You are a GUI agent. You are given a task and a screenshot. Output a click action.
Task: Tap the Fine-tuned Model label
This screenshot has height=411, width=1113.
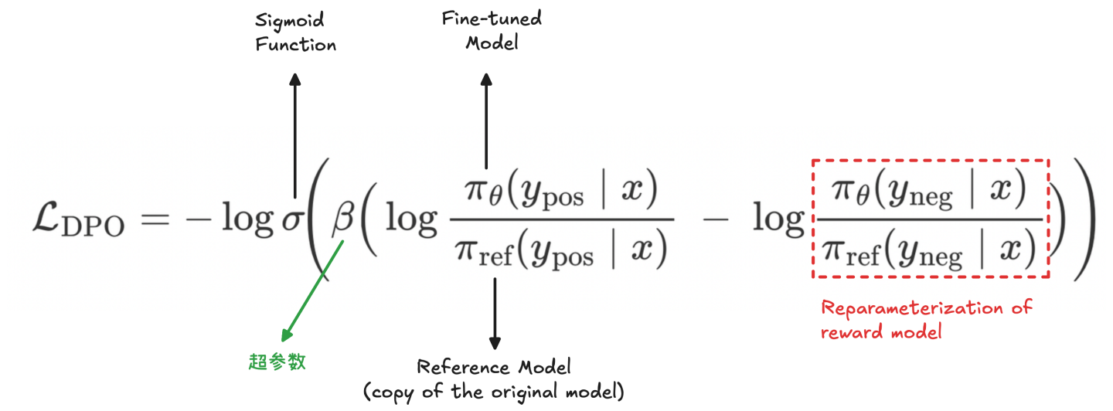pyautogui.click(x=492, y=30)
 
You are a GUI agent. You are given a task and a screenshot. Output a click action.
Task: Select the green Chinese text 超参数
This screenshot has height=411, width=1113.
pyautogui.click(x=277, y=362)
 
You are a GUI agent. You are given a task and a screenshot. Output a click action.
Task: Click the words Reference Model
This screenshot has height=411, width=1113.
pyautogui.click(x=494, y=366)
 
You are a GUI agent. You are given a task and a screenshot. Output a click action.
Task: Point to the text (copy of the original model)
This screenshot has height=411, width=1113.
pyautogui.click(x=494, y=391)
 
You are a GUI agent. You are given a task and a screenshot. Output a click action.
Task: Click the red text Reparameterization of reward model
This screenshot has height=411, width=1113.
pyautogui.click(x=926, y=320)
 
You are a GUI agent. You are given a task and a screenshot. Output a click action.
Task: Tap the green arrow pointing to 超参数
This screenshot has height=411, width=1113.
pyautogui.click(x=311, y=290)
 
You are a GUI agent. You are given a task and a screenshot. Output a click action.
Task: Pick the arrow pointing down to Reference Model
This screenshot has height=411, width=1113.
pyautogui.click(x=495, y=313)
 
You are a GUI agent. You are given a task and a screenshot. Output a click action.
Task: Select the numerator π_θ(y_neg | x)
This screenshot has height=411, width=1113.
pyautogui.click(x=930, y=191)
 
